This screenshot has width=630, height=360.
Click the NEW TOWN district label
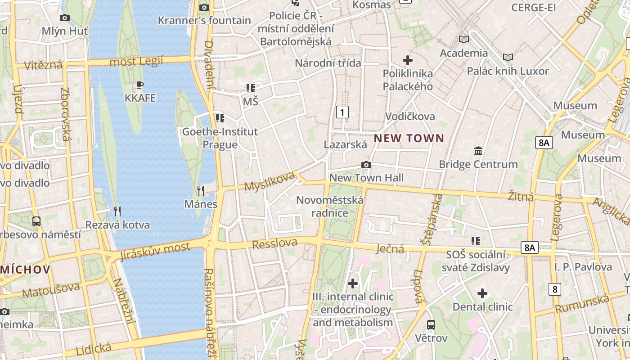coord(409,138)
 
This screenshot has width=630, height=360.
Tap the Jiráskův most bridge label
coord(155,251)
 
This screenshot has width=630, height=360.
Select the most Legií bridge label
coord(136,62)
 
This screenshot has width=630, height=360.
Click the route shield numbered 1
coord(342,112)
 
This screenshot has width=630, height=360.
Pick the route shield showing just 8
coord(555,289)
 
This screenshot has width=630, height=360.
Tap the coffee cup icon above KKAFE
coord(140,85)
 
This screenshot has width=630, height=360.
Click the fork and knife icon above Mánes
coord(201,191)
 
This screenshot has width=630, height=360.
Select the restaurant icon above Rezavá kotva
coord(117,211)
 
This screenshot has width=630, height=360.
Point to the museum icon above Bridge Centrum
coord(478,151)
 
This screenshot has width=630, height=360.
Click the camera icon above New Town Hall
coord(366,165)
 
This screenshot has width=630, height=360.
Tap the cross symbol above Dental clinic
coord(482,294)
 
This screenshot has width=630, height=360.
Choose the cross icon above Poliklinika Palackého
coord(408,60)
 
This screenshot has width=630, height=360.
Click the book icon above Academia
coord(463,40)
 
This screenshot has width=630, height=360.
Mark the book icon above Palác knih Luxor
coord(508,58)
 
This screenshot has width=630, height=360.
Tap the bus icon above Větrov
coord(431,324)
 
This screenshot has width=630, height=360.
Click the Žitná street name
coord(521,197)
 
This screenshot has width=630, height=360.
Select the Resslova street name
coord(274,243)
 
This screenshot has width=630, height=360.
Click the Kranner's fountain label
coord(204,20)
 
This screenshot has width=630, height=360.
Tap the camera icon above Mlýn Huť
coord(65,18)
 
